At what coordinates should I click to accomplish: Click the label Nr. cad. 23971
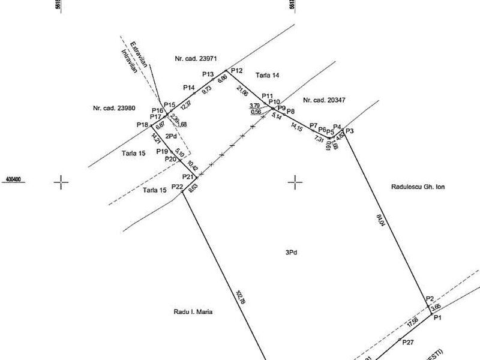196,59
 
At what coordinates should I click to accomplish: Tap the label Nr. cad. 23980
113,109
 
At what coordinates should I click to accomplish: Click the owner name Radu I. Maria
193,312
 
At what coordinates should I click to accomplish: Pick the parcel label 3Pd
292,253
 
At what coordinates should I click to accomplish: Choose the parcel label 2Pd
171,137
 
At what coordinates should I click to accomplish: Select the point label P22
177,188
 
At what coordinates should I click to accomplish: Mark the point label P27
408,342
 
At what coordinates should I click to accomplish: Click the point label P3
350,131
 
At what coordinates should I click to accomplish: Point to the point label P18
142,125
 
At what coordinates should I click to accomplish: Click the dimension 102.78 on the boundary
241,298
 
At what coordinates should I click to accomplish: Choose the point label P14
189,88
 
